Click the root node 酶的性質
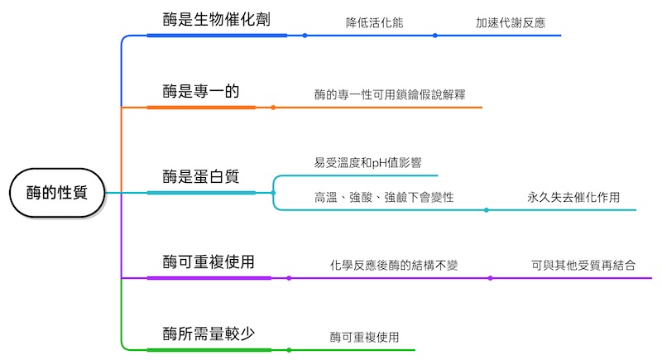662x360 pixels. click(57, 193)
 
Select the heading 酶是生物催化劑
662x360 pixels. click(216, 19)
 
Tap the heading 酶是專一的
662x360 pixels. click(201, 91)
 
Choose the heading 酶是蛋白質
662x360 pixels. click(201, 176)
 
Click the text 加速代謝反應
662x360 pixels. click(511, 22)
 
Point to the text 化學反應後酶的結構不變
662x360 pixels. click(394, 266)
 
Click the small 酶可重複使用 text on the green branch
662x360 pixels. click(364, 337)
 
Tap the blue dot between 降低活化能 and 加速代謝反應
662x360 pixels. click(435, 36)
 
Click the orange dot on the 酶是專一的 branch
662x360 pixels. click(273, 108)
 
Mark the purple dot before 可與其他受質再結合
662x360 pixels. click(490, 278)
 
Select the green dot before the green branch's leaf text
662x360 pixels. click(289, 350)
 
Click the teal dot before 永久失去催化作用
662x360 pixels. click(486, 209)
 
